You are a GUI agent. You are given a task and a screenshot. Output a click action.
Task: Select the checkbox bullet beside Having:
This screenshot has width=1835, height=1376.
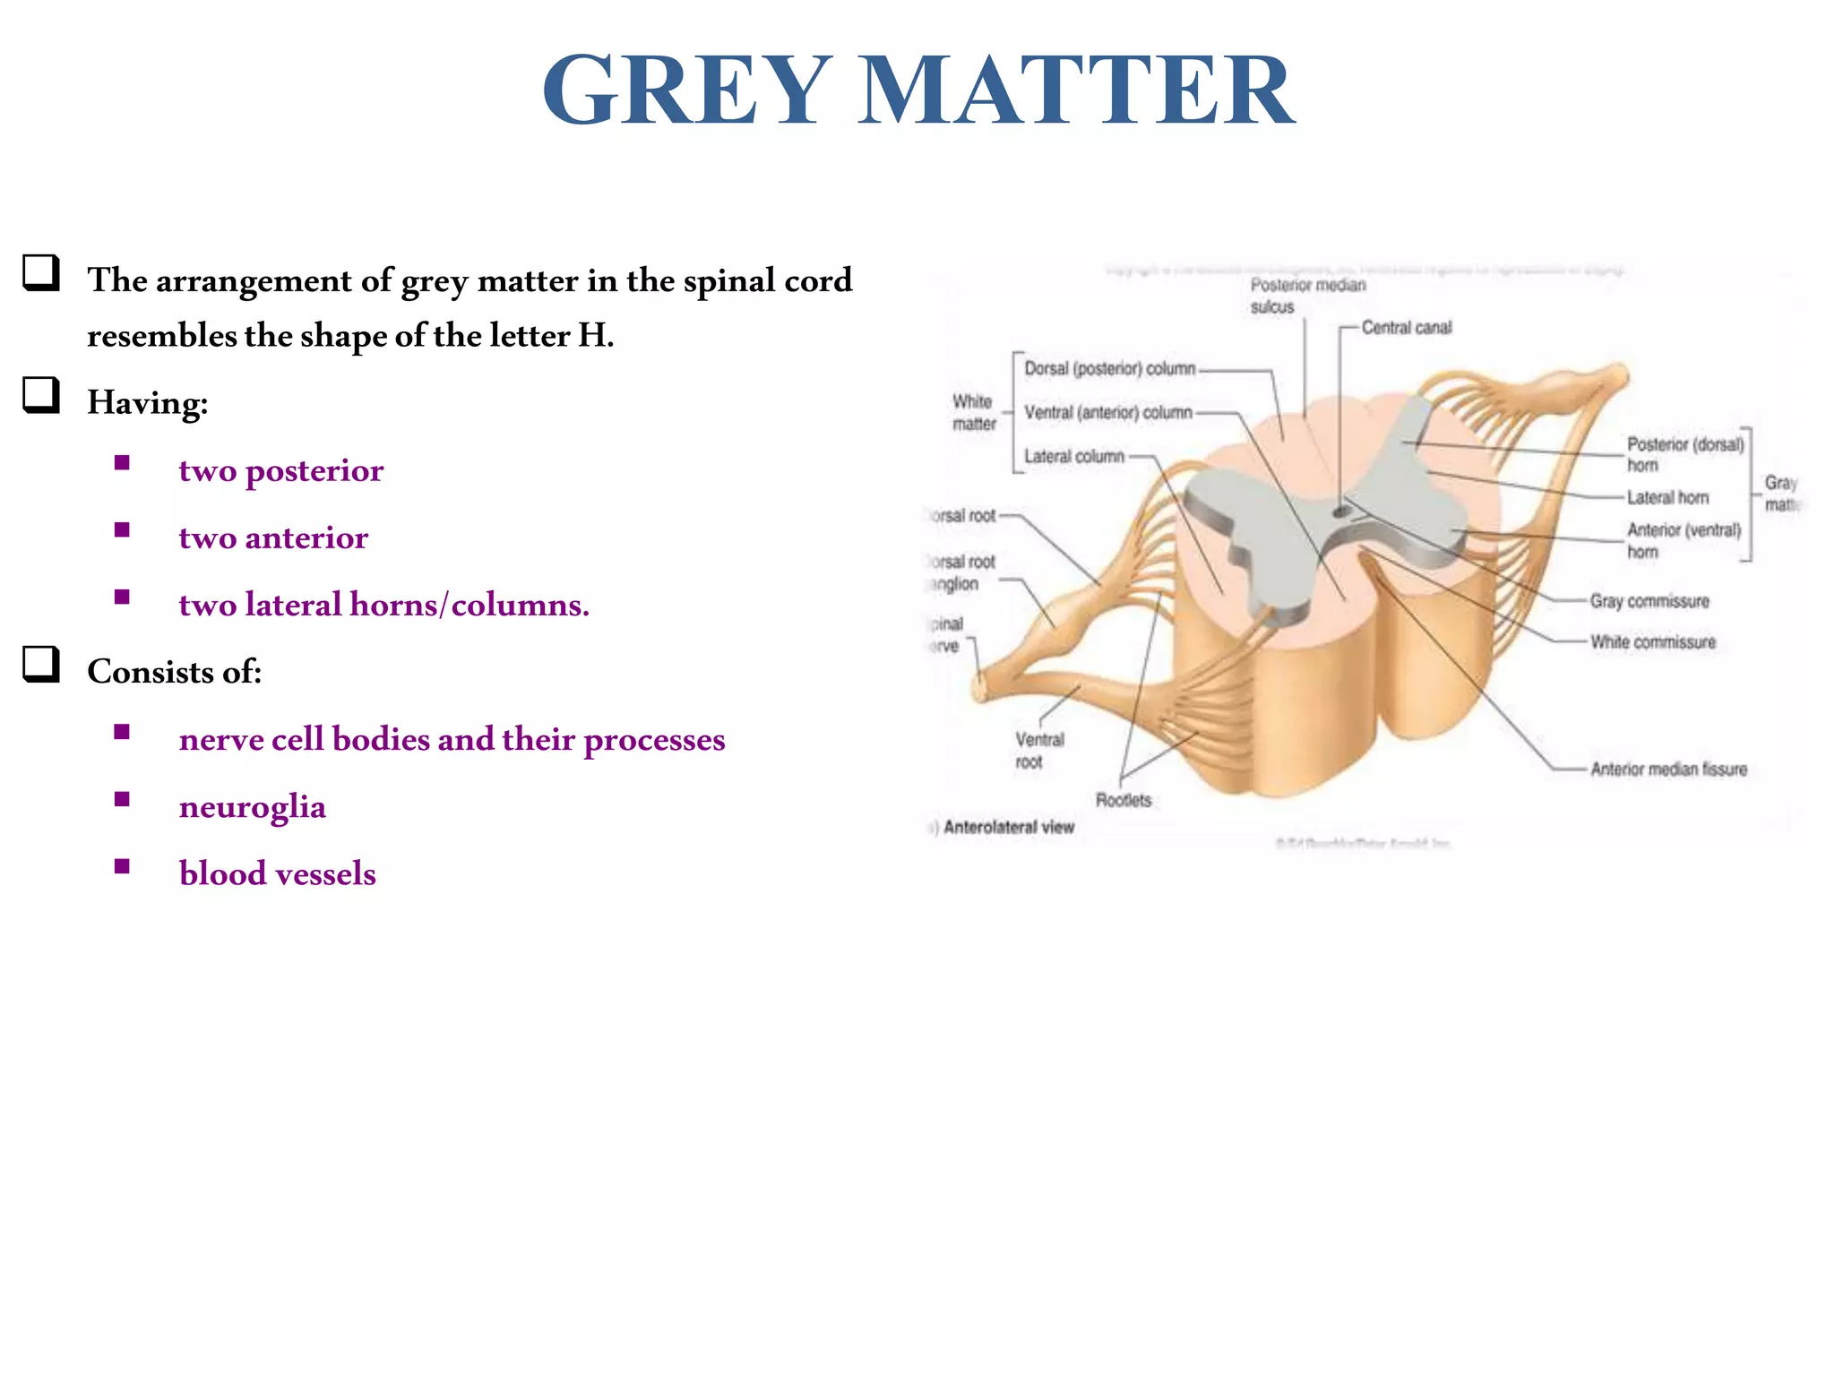[x=41, y=395]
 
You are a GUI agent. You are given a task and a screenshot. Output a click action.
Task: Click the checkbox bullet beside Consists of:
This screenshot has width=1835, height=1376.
[x=41, y=665]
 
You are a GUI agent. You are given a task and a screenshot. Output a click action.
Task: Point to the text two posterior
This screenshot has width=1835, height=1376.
[x=280, y=471]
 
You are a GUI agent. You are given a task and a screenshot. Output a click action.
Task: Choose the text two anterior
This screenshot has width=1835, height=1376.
[x=273, y=538]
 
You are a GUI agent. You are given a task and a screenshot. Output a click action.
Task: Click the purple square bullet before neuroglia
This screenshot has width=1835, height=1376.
[x=123, y=799]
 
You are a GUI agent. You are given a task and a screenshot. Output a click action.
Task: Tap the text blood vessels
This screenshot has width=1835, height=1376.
[x=277, y=874]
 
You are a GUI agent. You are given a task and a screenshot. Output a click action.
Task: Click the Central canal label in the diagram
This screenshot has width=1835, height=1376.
[x=1406, y=328]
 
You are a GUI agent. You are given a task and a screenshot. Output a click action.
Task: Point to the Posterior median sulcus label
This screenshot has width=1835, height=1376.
[x=1307, y=296]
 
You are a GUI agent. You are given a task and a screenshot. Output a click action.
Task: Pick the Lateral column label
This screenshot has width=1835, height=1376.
[x=1073, y=457]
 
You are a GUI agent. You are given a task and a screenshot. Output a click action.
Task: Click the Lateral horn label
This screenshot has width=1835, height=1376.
[x=1667, y=498]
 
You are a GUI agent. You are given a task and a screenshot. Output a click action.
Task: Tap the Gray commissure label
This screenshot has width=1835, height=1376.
[x=1649, y=602]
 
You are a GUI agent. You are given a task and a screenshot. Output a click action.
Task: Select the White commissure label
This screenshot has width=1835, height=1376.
[x=1652, y=642]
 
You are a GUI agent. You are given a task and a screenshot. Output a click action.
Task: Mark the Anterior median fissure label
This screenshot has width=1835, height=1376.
[x=1668, y=770]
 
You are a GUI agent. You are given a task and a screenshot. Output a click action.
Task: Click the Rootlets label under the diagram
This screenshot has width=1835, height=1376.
[x=1123, y=800]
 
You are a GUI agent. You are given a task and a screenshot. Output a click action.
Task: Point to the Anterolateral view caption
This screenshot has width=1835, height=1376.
[x=1008, y=828]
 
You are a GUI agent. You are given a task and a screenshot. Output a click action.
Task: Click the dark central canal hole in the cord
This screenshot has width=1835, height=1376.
[x=1340, y=512]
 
